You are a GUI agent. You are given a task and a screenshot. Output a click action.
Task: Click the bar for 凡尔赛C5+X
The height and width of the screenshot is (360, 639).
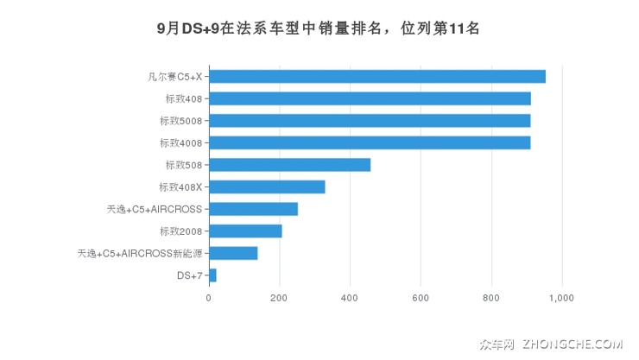377,77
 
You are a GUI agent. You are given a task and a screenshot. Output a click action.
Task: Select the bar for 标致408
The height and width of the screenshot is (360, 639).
370,98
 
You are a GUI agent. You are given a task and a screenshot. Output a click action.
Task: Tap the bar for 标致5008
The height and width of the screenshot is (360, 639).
370,120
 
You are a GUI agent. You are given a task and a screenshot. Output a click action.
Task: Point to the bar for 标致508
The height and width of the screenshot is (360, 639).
289,165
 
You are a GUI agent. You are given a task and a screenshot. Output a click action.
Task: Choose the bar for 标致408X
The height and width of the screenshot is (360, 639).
267,186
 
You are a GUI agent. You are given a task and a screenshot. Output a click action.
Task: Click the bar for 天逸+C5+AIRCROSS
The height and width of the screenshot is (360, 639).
253,209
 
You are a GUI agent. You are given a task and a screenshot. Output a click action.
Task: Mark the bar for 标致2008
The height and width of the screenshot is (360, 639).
245,231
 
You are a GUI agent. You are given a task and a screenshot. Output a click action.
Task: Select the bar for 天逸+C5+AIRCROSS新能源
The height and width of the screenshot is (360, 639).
233,253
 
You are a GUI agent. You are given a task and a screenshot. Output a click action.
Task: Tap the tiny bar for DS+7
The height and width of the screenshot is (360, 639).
212,275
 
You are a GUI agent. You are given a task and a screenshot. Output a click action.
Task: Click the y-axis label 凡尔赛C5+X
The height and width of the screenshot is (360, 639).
174,77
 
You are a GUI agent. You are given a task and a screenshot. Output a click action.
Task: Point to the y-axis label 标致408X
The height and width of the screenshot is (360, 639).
180,186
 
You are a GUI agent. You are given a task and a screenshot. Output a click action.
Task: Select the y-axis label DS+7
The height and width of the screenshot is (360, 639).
189,275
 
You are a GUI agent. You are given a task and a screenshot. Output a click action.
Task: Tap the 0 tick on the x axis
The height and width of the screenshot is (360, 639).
209,298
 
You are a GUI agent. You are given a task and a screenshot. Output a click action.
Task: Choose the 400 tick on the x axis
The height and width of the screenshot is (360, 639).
350,298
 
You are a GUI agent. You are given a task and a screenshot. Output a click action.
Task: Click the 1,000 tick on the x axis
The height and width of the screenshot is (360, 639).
561,298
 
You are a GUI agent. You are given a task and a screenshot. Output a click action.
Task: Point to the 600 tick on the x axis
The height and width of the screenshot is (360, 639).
421,298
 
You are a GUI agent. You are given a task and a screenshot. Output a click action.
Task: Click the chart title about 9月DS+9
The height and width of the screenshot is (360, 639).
319,28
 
